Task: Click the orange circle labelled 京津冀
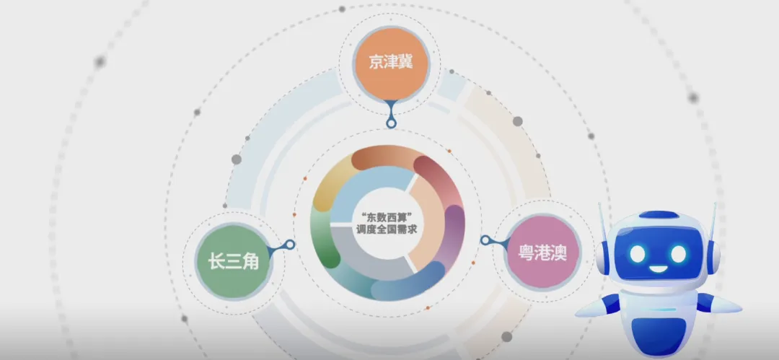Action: tap(390, 63)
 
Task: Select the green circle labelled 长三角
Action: tap(233, 262)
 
